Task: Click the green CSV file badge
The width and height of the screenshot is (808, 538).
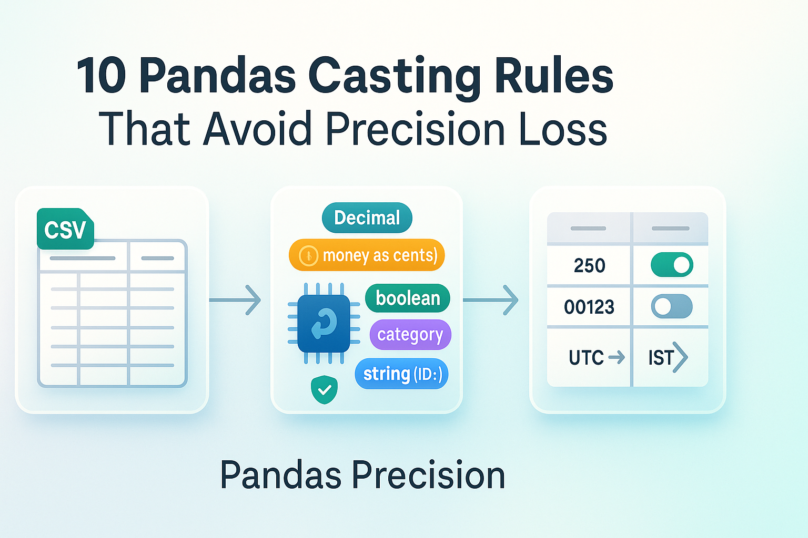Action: coord(65,229)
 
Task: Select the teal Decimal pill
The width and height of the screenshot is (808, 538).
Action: coord(367,218)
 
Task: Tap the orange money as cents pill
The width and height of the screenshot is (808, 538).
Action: coord(367,255)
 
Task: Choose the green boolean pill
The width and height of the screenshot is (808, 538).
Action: coord(408,298)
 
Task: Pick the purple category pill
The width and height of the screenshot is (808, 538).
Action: coord(410,335)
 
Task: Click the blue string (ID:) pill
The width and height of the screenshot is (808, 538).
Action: coord(401,374)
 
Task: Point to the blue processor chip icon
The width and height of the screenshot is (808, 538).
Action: coord(324,323)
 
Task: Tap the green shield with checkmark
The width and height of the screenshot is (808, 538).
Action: coord(324,389)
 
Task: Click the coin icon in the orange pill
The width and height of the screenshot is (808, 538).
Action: coord(308,255)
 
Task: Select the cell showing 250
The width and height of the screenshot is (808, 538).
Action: coord(589,265)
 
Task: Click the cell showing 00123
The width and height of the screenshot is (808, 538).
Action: coord(589,307)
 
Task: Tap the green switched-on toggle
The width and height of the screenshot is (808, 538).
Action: coord(672,264)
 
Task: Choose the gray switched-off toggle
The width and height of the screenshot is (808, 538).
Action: coord(672,306)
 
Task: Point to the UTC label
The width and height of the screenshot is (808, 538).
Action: coord(586,357)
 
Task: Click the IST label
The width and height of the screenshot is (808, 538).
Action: coord(661,358)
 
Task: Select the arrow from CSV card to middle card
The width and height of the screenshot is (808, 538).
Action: coord(235,300)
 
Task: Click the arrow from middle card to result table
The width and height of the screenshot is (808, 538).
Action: coord(491,300)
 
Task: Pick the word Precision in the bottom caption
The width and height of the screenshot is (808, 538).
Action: coord(428,475)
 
